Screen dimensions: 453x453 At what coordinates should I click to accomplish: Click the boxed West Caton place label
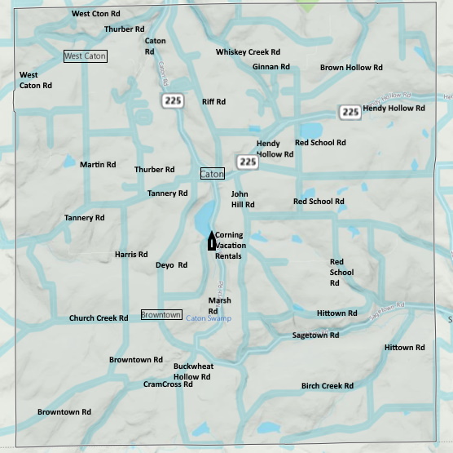tap(85, 56)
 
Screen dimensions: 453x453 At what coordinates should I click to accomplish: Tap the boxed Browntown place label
tap(161, 314)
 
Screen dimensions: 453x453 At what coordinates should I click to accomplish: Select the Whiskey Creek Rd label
tap(248, 52)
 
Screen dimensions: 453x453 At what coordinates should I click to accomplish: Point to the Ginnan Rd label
tap(270, 67)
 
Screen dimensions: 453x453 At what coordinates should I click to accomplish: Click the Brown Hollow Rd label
tap(351, 68)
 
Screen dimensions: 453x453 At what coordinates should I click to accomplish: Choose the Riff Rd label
tap(213, 102)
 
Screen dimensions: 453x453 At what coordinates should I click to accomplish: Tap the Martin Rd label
tap(98, 165)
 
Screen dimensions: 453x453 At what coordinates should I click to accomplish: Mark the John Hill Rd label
tap(243, 199)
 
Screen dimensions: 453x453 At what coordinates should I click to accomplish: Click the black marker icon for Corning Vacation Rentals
tap(211, 240)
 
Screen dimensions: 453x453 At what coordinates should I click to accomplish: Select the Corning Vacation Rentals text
tap(229, 246)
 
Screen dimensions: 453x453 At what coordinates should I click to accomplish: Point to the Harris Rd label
tap(131, 255)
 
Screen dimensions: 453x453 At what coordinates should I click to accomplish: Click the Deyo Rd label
tap(171, 265)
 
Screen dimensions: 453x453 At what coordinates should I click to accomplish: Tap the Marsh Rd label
tap(219, 305)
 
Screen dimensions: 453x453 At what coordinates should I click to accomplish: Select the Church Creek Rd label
tap(99, 318)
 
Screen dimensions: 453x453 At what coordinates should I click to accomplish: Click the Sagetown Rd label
tap(315, 335)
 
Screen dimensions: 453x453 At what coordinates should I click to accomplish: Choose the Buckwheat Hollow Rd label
tap(193, 371)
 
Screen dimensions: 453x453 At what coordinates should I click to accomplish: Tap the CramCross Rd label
tap(168, 384)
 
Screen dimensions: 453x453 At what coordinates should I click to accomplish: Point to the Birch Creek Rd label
tap(327, 386)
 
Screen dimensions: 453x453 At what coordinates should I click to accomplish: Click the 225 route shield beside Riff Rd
tap(172, 100)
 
